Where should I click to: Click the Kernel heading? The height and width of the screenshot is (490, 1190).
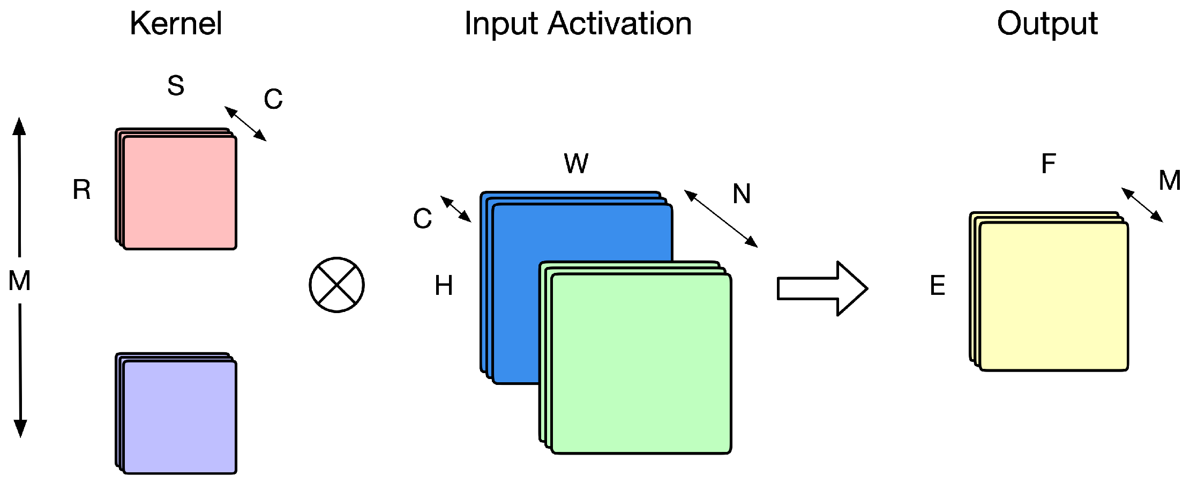pos(176,24)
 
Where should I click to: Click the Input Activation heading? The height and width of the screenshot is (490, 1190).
pos(578,24)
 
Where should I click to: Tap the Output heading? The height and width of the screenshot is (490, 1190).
pos(1047,24)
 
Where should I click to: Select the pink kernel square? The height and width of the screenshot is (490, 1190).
pos(179,193)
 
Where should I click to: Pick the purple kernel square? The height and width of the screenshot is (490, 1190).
pos(179,417)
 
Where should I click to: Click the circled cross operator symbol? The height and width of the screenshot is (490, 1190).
pos(336,285)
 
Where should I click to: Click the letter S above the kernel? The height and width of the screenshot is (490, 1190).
pos(176,86)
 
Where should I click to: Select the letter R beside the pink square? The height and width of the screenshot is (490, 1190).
pos(81,190)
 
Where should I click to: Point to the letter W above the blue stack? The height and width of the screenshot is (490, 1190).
pos(576,164)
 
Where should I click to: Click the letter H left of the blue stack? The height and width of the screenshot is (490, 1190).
pos(444,285)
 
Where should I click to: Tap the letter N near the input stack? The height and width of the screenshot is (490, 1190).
pos(742,194)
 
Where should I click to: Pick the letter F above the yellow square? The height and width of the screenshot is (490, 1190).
pos(1049,164)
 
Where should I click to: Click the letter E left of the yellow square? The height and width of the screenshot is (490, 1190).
pos(937,285)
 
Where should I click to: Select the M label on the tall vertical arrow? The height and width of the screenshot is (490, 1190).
pos(20,281)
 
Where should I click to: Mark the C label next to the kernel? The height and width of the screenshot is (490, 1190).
pos(273,99)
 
